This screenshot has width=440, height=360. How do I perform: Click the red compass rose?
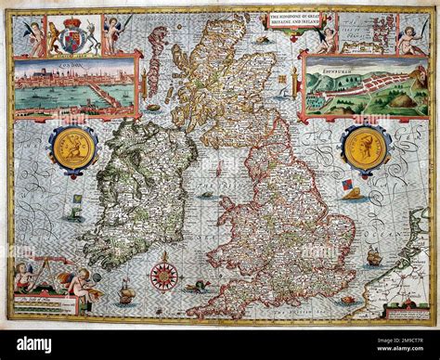[163, 275]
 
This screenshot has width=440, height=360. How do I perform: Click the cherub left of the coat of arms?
[35, 35]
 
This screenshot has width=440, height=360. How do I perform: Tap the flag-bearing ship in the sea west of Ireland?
[75, 202]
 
